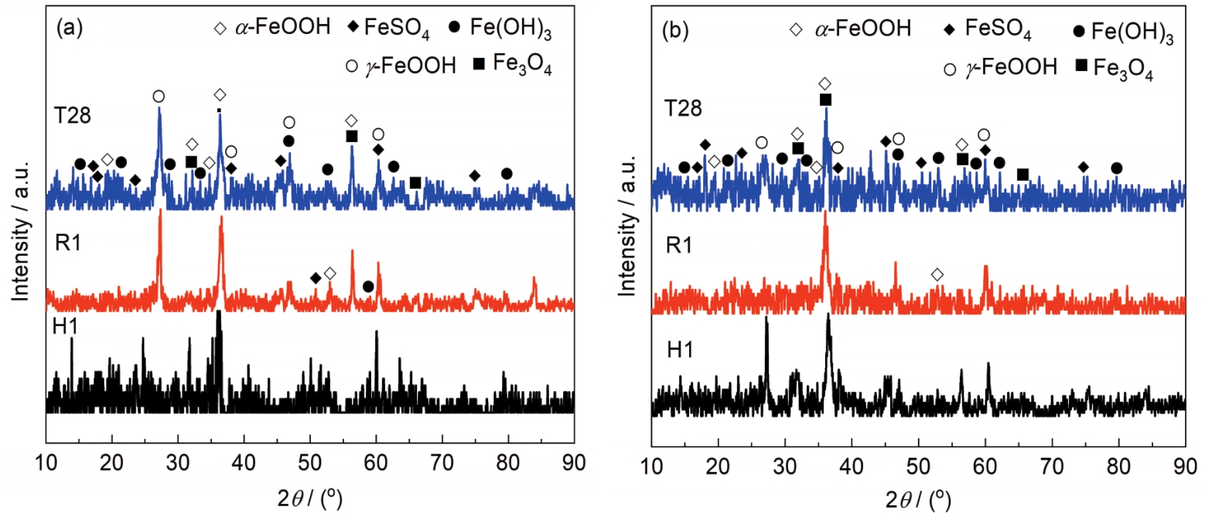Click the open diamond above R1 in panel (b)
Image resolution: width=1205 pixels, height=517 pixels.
click(x=937, y=274)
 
